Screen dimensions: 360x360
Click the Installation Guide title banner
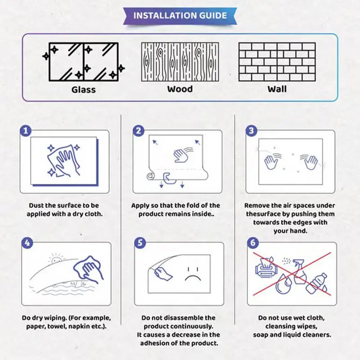pyautogui.click(x=180, y=15)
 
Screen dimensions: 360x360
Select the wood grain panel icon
pyautogui.click(x=180, y=62)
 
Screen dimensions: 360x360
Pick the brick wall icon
pyautogui.click(x=277, y=62)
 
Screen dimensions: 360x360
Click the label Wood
pyautogui.click(x=180, y=89)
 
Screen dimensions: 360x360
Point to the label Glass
pyautogui.click(x=84, y=89)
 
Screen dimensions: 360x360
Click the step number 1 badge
pyautogui.click(x=26, y=131)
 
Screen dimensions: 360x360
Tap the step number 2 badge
pyautogui.click(x=139, y=131)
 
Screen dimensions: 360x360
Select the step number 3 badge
pyautogui.click(x=251, y=131)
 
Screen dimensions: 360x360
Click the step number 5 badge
pyautogui.click(x=140, y=243)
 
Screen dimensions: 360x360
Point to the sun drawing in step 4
pyautogui.click(x=57, y=260)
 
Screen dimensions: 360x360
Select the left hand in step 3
pyautogui.click(x=271, y=162)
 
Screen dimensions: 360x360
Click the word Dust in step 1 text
pyautogui.click(x=37, y=206)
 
